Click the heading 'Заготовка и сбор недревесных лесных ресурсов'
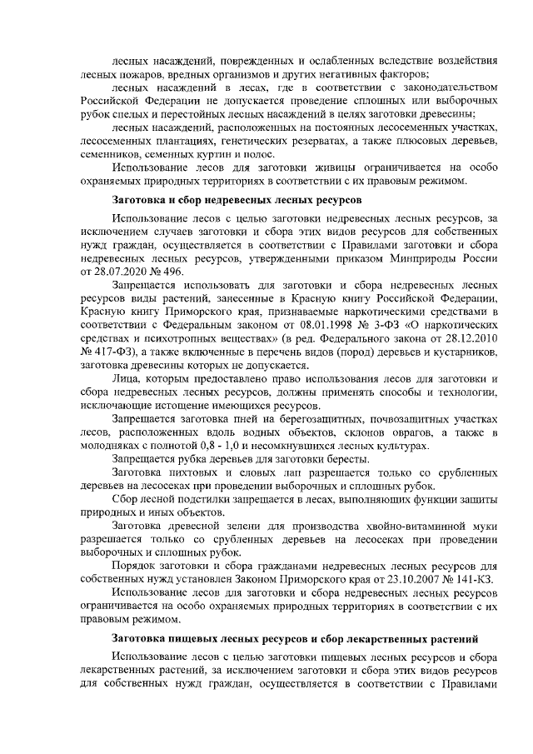pyautogui.click(x=237, y=202)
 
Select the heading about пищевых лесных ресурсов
pyautogui.click(x=295, y=638)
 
